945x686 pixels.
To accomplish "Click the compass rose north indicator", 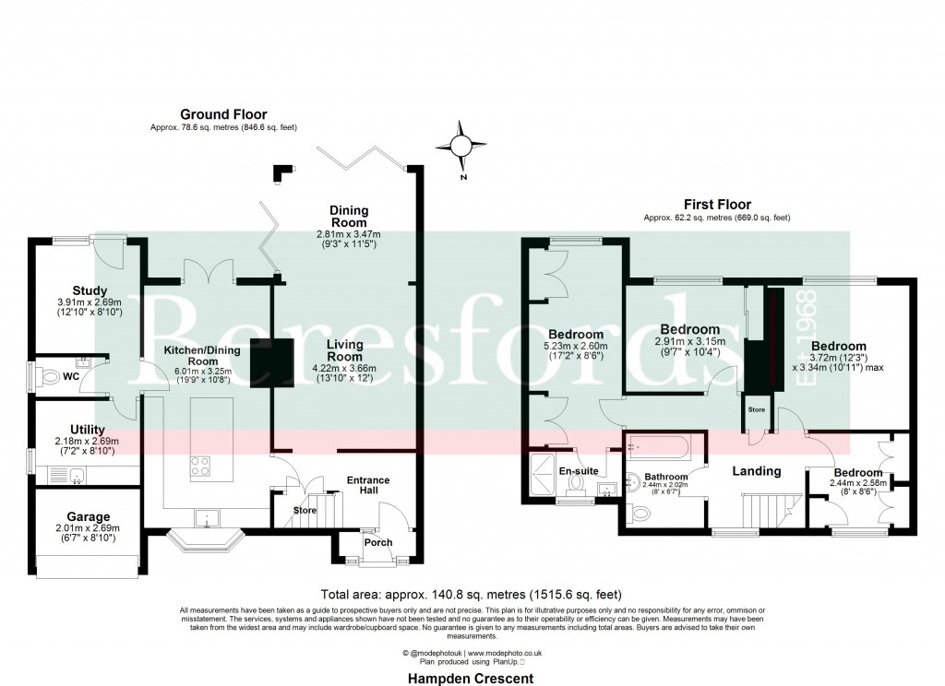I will [461, 147].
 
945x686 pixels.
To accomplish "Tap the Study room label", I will [90, 290].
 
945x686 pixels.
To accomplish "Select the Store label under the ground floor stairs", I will [304, 510].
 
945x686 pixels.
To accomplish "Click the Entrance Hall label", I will [367, 486].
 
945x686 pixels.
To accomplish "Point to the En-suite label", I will [579, 470].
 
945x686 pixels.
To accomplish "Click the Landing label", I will [757, 471].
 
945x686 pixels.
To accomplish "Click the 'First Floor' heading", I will [717, 205].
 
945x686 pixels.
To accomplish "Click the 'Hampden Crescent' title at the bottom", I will [471, 678].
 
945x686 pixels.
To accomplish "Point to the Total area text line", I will [471, 594].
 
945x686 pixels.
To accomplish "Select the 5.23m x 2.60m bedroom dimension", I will [576, 347].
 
